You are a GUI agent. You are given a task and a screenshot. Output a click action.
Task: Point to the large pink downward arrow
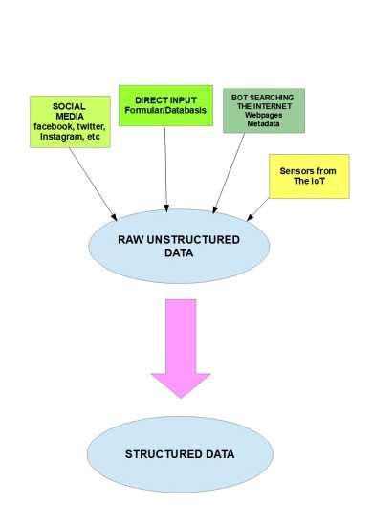(x=181, y=347)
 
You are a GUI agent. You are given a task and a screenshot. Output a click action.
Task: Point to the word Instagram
(x=55, y=139)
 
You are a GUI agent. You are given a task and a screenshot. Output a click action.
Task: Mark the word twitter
(x=88, y=127)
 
